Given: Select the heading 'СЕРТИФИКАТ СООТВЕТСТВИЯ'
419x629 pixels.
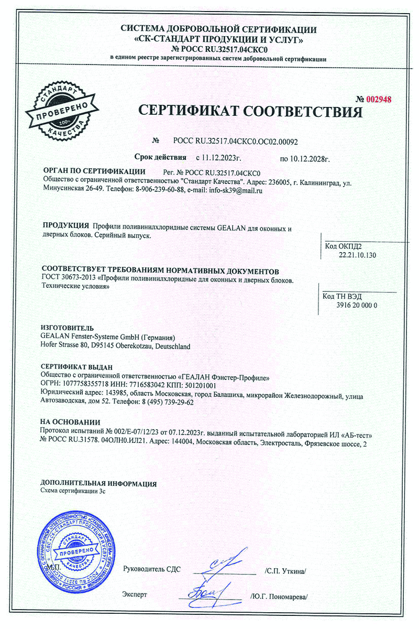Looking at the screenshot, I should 250,112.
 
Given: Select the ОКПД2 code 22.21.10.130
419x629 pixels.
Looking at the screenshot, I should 358,255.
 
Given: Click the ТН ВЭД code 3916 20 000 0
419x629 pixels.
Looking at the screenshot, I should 357,305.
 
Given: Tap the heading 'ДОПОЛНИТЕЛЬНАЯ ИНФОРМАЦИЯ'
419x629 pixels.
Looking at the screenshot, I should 98,483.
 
